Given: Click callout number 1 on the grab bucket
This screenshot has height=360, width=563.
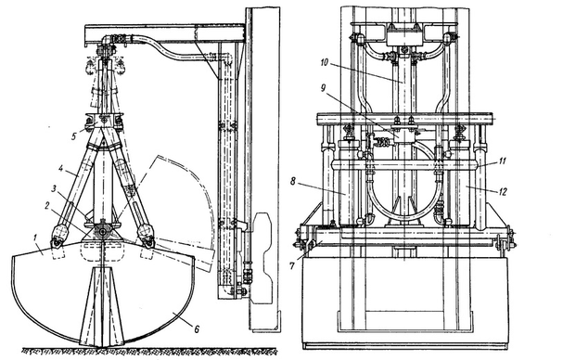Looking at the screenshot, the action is [35, 238].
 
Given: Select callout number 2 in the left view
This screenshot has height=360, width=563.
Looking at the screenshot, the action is [47, 206].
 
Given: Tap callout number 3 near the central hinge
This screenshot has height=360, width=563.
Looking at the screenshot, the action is [54, 188].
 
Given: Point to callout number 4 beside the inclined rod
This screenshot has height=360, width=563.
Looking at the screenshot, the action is [61, 168].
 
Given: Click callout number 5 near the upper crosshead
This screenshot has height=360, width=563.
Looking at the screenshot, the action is [73, 136].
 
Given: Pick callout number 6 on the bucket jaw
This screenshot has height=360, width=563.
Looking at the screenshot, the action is [197, 328].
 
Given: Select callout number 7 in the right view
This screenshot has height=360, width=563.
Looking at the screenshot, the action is [292, 266].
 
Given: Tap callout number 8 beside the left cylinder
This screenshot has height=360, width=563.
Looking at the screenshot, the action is [293, 182].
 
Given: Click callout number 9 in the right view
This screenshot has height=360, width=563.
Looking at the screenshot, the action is [323, 88].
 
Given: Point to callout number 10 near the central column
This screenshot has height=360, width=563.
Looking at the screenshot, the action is [324, 62].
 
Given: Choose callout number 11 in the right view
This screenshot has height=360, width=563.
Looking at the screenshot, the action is [502, 161].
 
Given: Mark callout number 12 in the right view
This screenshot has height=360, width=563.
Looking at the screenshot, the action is [503, 192].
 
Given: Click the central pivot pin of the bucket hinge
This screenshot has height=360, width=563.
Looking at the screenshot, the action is [103, 232].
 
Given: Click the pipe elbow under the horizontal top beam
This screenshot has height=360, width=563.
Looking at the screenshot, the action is [107, 39].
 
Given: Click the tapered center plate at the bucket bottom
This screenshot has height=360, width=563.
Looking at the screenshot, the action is [103, 306].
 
